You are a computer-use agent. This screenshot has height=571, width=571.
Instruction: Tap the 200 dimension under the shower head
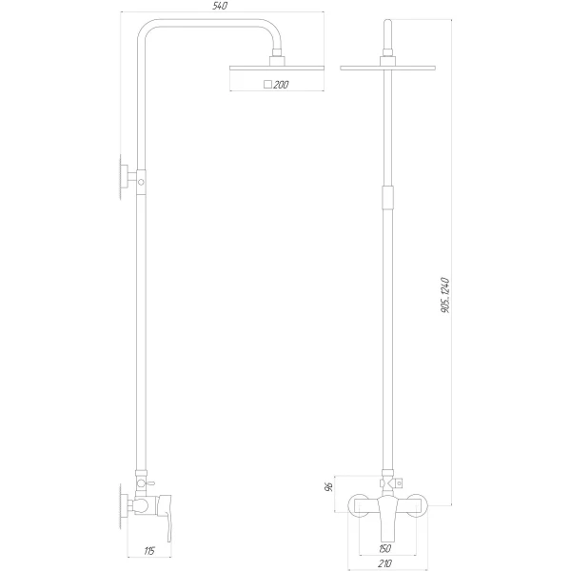click(x=281, y=86)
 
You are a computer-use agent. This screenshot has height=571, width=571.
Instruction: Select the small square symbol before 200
click(x=267, y=86)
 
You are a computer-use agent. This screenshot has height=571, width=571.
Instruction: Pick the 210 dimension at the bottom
click(x=385, y=563)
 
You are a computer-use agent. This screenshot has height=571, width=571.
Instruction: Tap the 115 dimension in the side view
click(x=148, y=550)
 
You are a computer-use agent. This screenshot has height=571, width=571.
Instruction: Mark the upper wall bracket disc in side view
click(x=121, y=178)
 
